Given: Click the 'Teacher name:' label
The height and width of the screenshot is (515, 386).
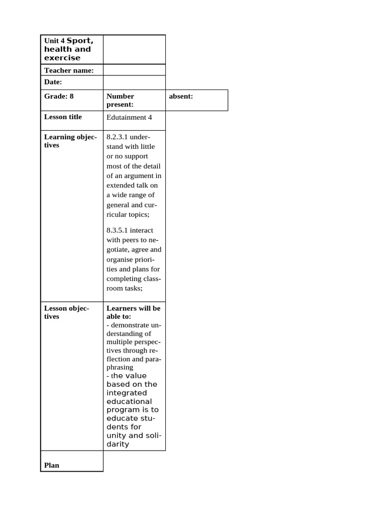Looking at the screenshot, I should click(69, 70).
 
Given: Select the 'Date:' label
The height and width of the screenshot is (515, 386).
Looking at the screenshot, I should click(53, 82).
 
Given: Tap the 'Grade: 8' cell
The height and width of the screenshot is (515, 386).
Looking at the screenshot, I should click(59, 96).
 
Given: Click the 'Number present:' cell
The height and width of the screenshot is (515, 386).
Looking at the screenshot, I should click(120, 100).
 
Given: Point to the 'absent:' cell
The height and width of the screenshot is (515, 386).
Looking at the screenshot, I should click(181, 96).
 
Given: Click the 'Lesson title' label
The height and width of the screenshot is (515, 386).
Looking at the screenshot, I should click(63, 117).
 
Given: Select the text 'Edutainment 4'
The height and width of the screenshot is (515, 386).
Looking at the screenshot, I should click(129, 117).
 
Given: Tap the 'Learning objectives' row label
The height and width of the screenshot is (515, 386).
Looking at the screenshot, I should click(70, 141).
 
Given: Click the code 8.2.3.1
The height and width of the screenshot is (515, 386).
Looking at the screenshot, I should click(117, 137).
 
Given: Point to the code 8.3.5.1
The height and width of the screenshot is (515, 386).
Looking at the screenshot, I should click(117, 230).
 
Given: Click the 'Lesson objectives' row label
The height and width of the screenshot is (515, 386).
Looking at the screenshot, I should click(67, 312).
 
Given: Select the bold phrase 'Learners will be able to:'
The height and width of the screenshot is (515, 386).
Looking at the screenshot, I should click(133, 312).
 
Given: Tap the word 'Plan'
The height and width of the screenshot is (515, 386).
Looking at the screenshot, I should click(52, 465).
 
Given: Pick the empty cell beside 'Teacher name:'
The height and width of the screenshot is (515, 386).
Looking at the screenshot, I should click(134, 70).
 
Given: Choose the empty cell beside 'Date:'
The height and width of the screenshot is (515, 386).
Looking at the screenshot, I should click(134, 82).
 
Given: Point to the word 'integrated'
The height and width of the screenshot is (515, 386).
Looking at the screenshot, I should click(127, 393).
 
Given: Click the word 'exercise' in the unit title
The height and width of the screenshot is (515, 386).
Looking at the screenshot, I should click(62, 58).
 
